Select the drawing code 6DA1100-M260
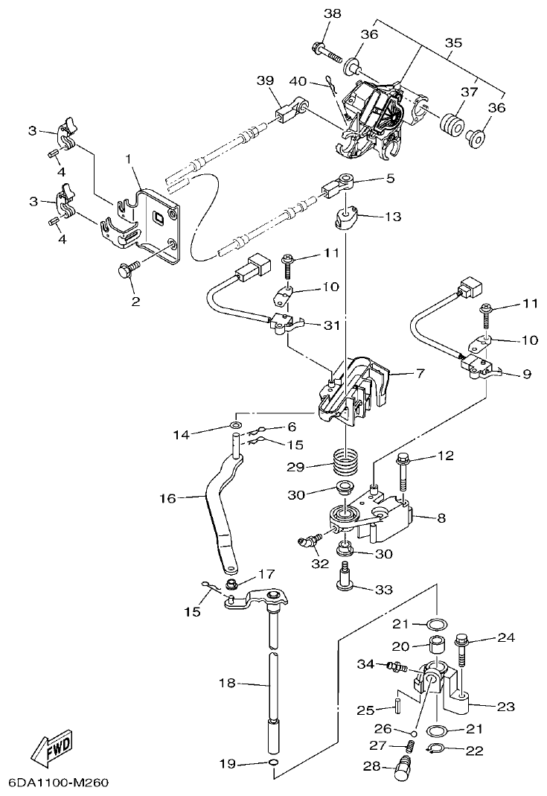[60, 783]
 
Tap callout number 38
[333, 14]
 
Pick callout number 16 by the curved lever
[169, 498]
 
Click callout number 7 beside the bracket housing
[420, 373]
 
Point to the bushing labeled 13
[346, 219]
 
